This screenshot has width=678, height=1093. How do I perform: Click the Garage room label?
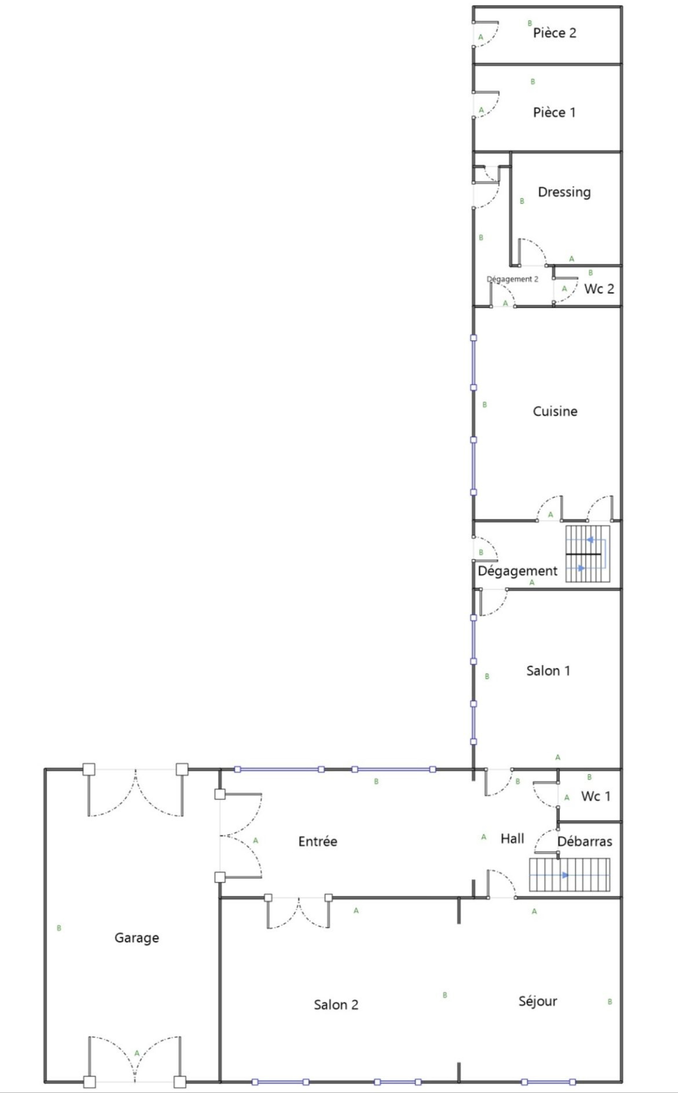pos(137,938)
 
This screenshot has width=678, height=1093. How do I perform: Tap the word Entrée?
pos(317,841)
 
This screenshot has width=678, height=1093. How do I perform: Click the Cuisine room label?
pos(555,411)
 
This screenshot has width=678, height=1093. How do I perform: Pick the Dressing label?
pos(564,192)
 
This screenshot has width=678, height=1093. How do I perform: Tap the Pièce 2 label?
pos(554,33)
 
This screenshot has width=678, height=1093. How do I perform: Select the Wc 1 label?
pos(595,796)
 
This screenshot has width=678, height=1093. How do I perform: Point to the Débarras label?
pos(585,841)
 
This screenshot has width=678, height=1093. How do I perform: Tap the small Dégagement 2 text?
pos(512,279)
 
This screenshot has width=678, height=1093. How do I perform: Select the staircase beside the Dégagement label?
pos(587,554)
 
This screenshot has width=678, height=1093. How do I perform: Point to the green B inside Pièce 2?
pos(530,23)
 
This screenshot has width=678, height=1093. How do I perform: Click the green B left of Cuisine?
pos(484,405)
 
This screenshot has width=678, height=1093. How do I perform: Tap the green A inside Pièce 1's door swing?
pos(481,110)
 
